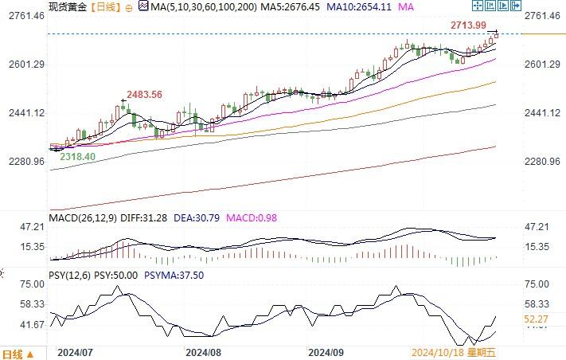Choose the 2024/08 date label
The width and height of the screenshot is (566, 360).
[201, 351]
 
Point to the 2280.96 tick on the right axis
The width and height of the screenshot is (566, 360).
[543, 162]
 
